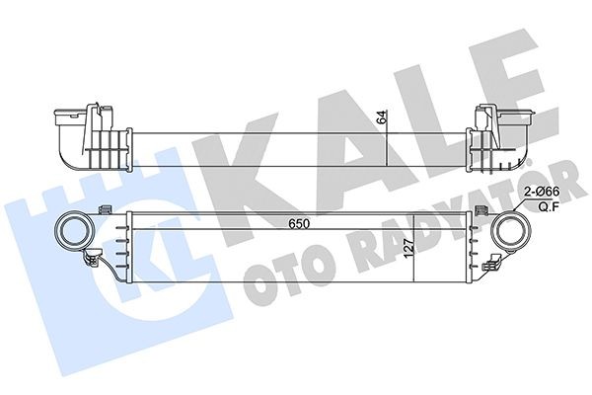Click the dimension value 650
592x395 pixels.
(x=299, y=224)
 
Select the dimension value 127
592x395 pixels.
(x=408, y=248)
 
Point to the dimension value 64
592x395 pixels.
(x=382, y=118)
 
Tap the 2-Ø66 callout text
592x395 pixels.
(x=542, y=192)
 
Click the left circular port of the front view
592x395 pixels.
(x=74, y=231)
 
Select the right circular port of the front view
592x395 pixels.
(x=511, y=231)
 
